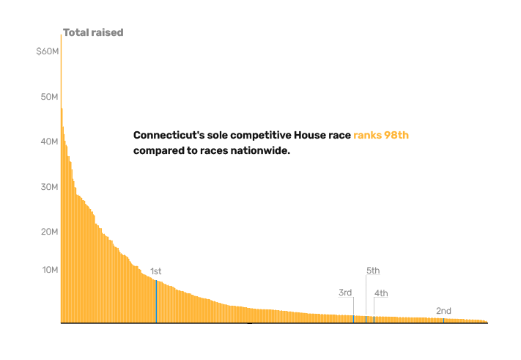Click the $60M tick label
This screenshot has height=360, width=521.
tap(48, 51)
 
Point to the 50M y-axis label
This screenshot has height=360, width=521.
tap(50, 97)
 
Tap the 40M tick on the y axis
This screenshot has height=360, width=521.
tap(50, 142)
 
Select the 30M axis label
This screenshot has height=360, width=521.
tap(50, 187)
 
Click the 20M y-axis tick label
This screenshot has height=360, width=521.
tap(50, 232)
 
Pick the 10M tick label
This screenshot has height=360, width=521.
tap(50, 270)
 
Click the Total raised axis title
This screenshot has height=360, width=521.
tap(93, 32)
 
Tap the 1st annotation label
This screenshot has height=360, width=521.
tap(156, 271)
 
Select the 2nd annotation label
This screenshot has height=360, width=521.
tap(443, 311)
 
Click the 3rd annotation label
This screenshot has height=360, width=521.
tap(345, 293)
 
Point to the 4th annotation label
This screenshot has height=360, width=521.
tap(381, 293)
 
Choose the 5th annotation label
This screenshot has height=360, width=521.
tap(373, 271)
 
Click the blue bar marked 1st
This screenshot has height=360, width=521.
tap(156, 301)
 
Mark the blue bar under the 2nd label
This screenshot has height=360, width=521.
tap(443, 320)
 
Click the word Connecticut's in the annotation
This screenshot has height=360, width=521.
tap(169, 136)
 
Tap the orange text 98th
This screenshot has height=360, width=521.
tap(396, 136)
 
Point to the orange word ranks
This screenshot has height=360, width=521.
tap(368, 136)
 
